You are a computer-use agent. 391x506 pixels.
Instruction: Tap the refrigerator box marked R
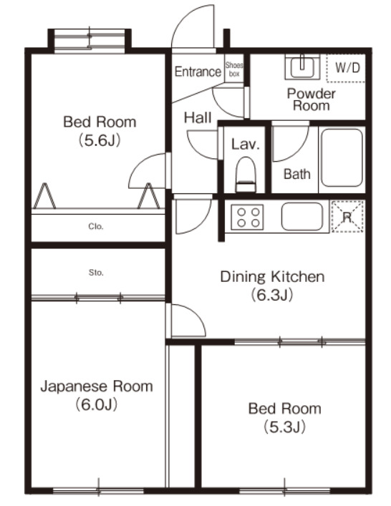pyautogui.click(x=347, y=216)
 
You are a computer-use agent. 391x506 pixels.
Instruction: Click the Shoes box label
pyautogui.click(x=234, y=69)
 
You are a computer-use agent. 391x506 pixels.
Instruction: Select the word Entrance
pyautogui.click(x=198, y=72)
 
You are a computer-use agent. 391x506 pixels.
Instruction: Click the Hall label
pyautogui.click(x=197, y=118)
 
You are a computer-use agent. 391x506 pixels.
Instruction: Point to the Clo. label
pyautogui.click(x=96, y=226)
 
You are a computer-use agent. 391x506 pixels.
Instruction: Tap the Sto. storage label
pyautogui.click(x=96, y=273)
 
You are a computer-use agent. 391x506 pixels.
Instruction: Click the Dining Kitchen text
pyautogui.click(x=272, y=277)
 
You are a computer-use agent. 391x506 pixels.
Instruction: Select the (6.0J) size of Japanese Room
pyautogui.click(x=96, y=405)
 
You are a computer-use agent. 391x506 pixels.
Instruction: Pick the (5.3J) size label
pyautogui.click(x=284, y=427)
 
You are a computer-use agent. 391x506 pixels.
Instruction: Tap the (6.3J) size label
pyautogui.click(x=272, y=294)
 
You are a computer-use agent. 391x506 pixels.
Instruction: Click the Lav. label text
pyautogui.click(x=245, y=144)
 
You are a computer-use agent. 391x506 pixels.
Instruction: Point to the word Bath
pyautogui.click(x=296, y=173)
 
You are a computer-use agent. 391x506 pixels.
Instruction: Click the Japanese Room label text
pyautogui.click(x=96, y=387)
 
